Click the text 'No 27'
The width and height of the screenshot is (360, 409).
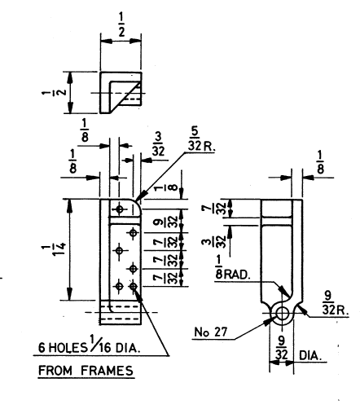click(x=211, y=332)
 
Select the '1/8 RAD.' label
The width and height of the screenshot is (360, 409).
click(x=232, y=268)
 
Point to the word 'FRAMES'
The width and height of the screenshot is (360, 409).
click(x=108, y=371)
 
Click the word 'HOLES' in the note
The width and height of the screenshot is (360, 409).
click(x=68, y=347)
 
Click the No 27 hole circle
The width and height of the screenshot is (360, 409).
click(x=282, y=314)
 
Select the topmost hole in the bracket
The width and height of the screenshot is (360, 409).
click(x=119, y=209)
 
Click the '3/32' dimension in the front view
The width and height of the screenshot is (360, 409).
click(x=158, y=144)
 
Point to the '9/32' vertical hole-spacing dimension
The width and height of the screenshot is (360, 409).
click(x=167, y=221)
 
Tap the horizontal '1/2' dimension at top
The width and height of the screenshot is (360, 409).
click(x=121, y=25)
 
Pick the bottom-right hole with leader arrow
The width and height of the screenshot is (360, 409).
click(x=133, y=286)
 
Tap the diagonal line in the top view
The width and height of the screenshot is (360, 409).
click(x=125, y=98)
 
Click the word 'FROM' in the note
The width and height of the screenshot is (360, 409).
click(x=55, y=371)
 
